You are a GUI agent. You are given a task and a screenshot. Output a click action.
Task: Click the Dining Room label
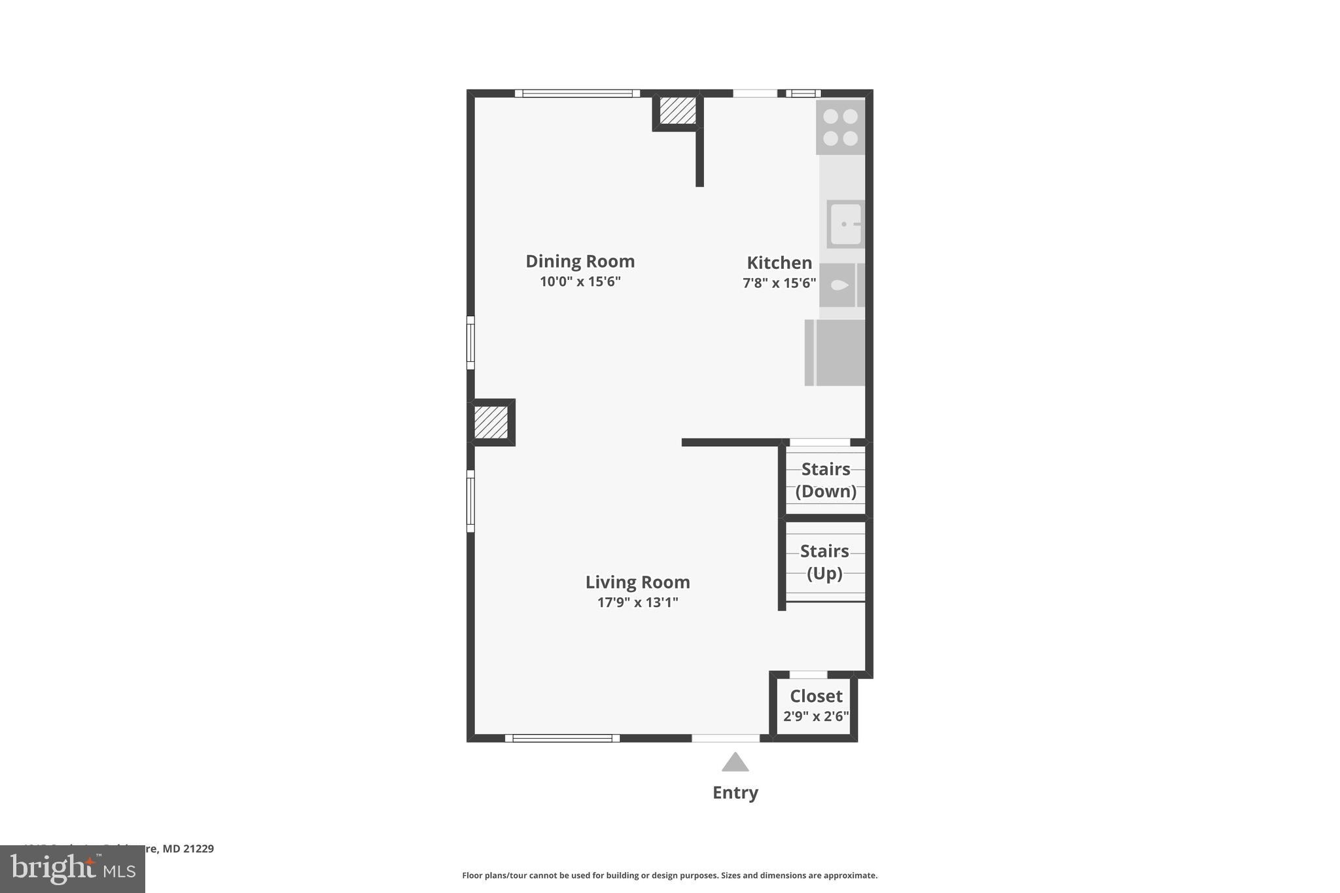(x=580, y=261)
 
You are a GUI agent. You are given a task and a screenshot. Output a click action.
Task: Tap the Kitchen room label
(x=779, y=262)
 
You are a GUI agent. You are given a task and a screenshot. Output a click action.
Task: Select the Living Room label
(x=637, y=582)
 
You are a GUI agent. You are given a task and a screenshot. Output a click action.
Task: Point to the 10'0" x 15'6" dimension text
(x=580, y=281)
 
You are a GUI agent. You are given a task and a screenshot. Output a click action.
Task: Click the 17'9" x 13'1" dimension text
(x=637, y=602)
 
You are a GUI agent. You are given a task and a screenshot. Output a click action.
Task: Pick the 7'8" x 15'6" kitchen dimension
(x=779, y=283)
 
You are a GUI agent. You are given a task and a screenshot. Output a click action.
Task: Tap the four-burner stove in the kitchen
(x=840, y=127)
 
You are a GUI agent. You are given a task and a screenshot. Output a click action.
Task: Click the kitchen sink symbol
(x=845, y=224)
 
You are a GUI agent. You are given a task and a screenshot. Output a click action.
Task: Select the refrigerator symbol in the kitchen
(x=836, y=353)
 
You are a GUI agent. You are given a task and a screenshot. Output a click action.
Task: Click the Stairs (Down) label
(x=826, y=480)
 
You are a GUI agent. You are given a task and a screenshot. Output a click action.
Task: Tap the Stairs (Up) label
(x=824, y=562)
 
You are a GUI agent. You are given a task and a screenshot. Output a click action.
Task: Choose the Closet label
(x=816, y=695)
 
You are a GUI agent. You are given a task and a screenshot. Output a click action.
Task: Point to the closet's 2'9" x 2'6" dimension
(x=816, y=716)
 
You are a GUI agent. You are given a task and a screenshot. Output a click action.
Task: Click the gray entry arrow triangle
(x=735, y=763)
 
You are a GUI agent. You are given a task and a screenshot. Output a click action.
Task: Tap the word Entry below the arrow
(x=735, y=792)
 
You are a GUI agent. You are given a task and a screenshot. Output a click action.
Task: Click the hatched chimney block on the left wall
(x=491, y=422)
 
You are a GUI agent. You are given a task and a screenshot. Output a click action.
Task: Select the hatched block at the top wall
(x=677, y=111)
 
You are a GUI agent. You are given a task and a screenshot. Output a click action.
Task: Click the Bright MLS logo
(x=73, y=869)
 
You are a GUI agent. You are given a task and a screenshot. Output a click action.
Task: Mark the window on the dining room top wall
(x=577, y=94)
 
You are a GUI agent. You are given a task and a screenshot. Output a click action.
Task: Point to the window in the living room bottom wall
(x=562, y=738)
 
